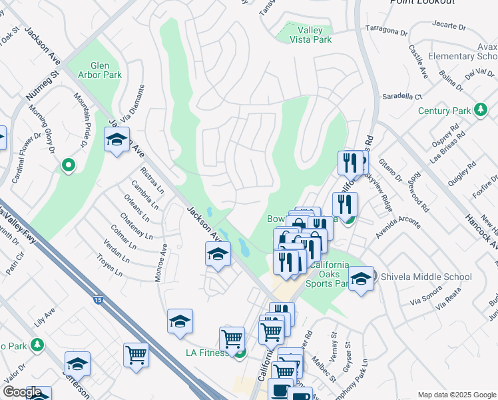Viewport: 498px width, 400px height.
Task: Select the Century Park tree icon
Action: (x=479, y=110)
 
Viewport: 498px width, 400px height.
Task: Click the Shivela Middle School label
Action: (x=425, y=277)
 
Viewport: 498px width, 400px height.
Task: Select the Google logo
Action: (x=21, y=392)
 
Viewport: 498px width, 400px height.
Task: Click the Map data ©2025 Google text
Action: (x=456, y=395)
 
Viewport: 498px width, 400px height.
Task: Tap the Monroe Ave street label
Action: (x=160, y=262)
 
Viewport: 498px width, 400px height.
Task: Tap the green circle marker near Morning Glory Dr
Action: (x=67, y=165)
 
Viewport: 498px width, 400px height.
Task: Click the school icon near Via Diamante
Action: (x=117, y=141)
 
